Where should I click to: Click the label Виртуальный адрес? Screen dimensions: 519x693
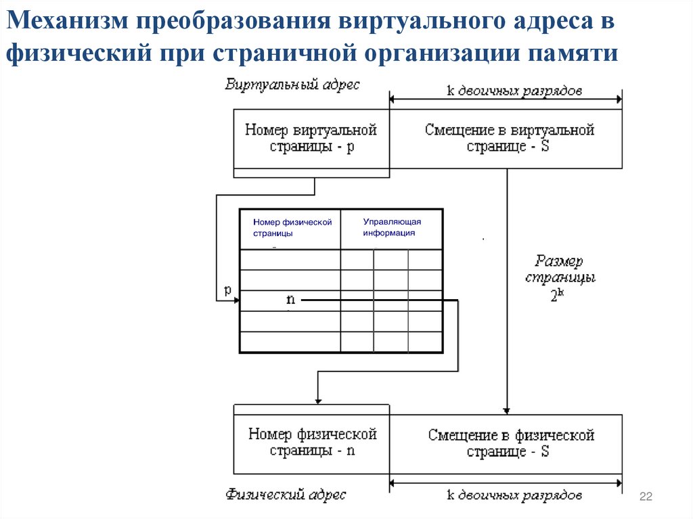(x=293, y=85)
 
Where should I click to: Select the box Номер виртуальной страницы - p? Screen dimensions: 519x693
(x=311, y=138)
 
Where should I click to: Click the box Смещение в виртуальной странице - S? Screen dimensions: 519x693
(x=507, y=138)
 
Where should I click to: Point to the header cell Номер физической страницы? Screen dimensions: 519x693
(x=291, y=228)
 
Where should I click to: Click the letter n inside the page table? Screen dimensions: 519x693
(x=290, y=299)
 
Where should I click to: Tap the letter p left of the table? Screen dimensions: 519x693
(x=228, y=290)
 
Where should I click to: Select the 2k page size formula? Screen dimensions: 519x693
(x=556, y=296)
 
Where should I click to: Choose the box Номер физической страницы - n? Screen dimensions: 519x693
(x=311, y=443)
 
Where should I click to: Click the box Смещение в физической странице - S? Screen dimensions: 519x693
(x=507, y=443)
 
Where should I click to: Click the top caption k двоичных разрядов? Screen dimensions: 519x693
(x=515, y=91)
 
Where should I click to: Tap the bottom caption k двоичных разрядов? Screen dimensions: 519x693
(x=514, y=496)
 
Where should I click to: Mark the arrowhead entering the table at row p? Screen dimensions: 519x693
(x=236, y=301)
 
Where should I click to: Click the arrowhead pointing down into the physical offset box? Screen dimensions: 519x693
(x=506, y=410)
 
